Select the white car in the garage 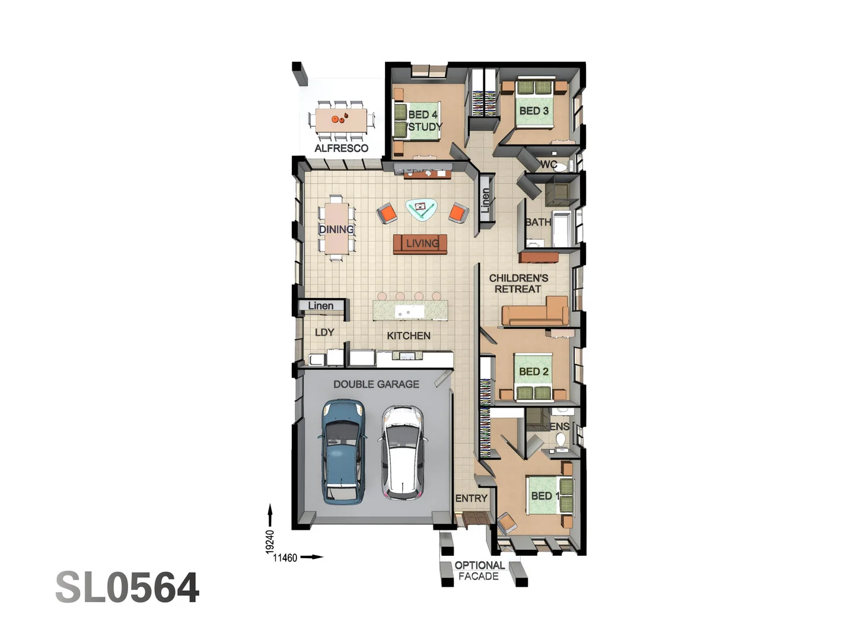403,452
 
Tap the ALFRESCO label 341,148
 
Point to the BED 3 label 534,111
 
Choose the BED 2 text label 534,372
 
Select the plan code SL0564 128,588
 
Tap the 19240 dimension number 270,542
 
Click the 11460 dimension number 285,558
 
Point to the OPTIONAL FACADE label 479,571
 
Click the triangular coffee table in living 421,209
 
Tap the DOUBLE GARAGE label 376,384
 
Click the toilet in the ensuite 560,440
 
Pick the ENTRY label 471,498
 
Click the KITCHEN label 409,335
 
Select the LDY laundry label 324,332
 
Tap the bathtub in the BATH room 562,228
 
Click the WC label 548,164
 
